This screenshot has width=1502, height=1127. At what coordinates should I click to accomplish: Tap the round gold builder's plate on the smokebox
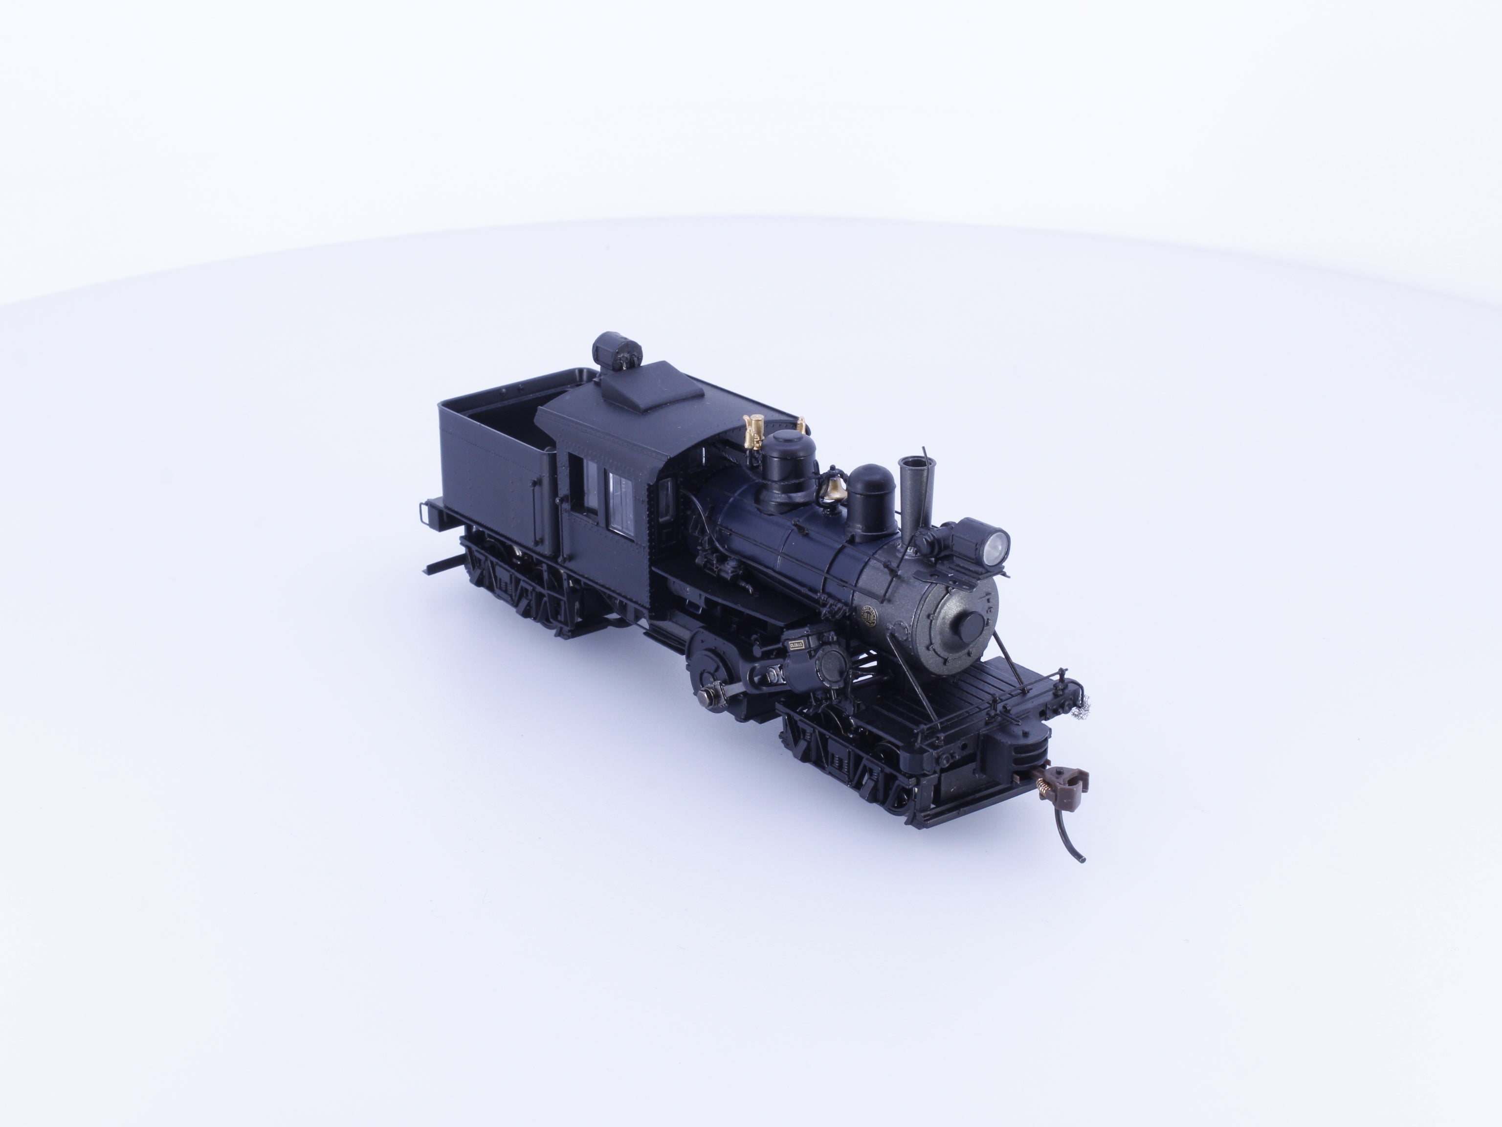(868, 615)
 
